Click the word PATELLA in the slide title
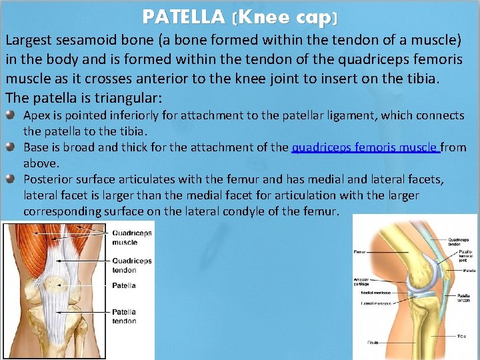[183, 16]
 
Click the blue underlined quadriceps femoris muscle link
[365, 147]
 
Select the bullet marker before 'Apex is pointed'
[14, 116]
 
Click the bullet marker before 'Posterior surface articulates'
[14, 179]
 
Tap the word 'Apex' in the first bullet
[37, 115]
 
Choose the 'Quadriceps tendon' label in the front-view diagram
[132, 265]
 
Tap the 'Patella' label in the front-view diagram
[124, 285]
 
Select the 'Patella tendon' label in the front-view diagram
[124, 316]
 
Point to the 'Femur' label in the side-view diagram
[361, 253]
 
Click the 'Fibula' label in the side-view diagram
[373, 343]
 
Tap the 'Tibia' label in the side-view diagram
[461, 337]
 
